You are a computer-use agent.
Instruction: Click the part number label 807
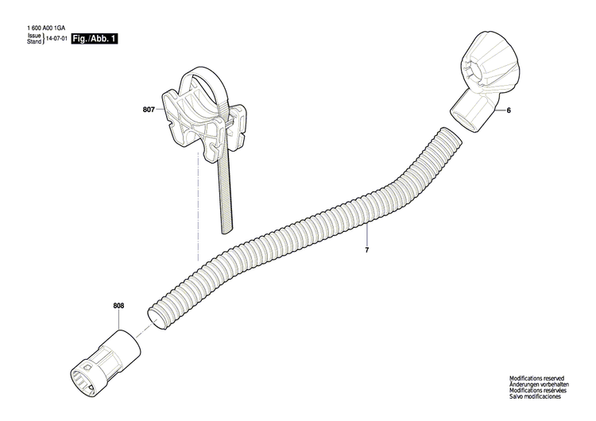point(149,111)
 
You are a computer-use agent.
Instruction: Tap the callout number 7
point(367,250)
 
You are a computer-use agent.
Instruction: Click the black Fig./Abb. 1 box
point(95,38)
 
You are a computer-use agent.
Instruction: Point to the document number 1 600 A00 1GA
point(46,29)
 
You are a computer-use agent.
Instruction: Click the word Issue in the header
point(34,36)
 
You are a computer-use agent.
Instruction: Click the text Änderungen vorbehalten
point(540,385)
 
